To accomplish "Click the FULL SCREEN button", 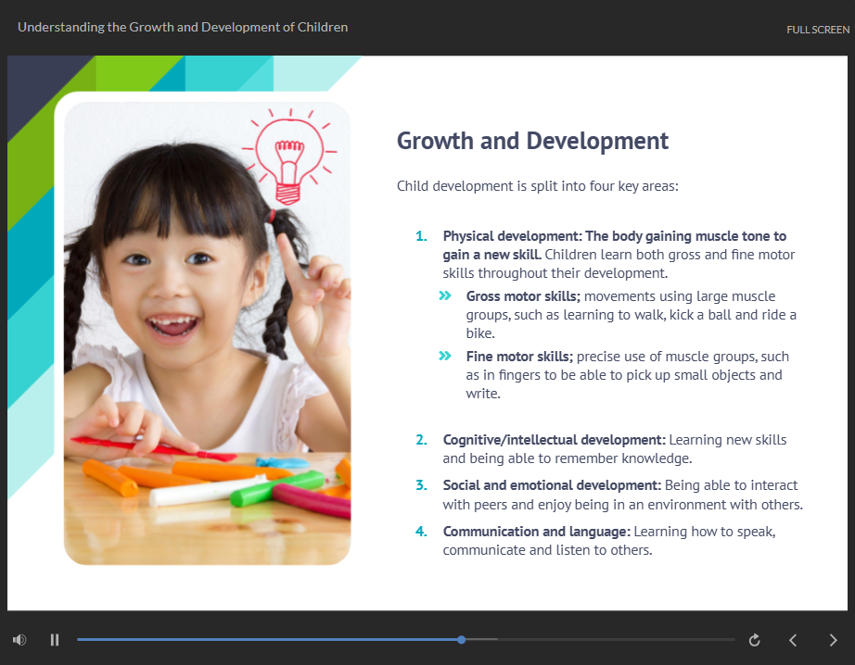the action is tap(817, 30).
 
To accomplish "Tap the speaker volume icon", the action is tap(19, 639).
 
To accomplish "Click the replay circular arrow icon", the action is tap(755, 640).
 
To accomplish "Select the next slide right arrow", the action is tap(833, 640).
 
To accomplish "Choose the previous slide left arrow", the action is tap(793, 640).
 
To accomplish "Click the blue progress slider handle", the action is tap(461, 639).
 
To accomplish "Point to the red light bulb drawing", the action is tap(289, 157).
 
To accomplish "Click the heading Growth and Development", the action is tap(532, 141).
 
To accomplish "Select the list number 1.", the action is tap(421, 236).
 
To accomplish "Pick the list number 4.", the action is tap(421, 531).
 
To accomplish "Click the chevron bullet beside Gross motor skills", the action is tap(445, 295).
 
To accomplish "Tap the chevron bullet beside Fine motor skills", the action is tap(445, 356).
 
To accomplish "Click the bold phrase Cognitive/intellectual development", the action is tap(554, 440).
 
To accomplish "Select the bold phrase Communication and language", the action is tap(537, 532).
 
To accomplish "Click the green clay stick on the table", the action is tap(277, 487).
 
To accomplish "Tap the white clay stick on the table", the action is tap(206, 491).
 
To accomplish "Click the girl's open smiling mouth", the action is tap(173, 326).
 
